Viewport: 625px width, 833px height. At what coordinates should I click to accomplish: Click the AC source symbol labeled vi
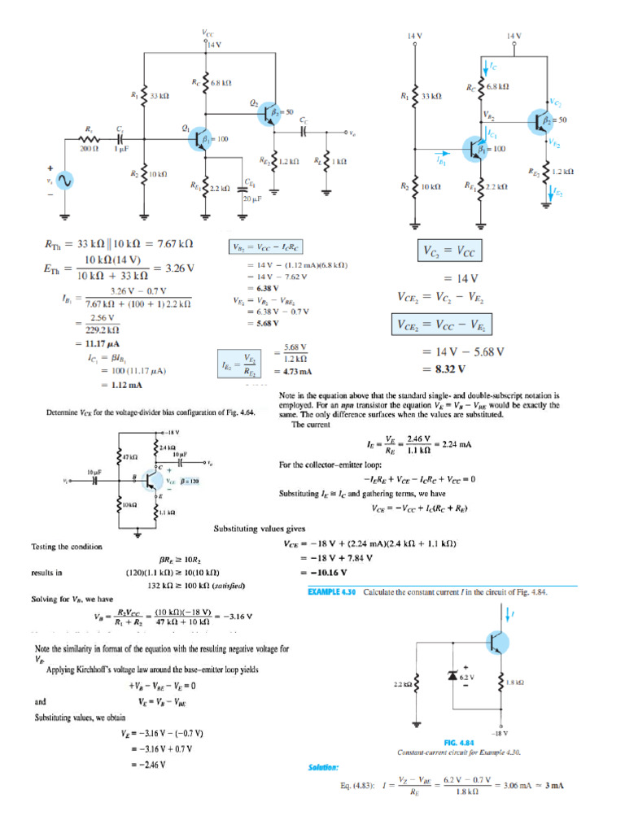[63, 181]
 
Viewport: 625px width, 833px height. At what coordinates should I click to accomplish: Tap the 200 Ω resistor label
[89, 149]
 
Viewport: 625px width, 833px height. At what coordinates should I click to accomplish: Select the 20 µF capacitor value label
[251, 198]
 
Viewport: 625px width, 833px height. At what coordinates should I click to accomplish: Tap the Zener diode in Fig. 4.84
[452, 676]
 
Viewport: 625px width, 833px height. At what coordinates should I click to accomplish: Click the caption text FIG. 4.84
[460, 742]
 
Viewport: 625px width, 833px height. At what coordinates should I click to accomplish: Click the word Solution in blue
[323, 767]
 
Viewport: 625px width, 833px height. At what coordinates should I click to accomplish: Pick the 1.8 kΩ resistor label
[514, 683]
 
